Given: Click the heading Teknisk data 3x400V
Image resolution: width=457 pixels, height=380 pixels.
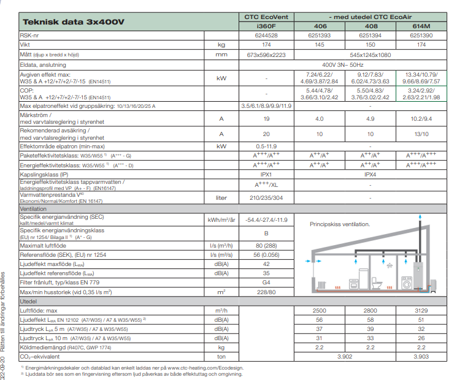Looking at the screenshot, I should [74, 22].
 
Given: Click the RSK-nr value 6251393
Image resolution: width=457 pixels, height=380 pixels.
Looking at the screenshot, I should [321, 36].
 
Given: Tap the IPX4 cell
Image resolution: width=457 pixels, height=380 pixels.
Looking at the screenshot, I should [371, 174].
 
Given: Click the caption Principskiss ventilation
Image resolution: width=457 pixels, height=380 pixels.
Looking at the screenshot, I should [340, 225].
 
